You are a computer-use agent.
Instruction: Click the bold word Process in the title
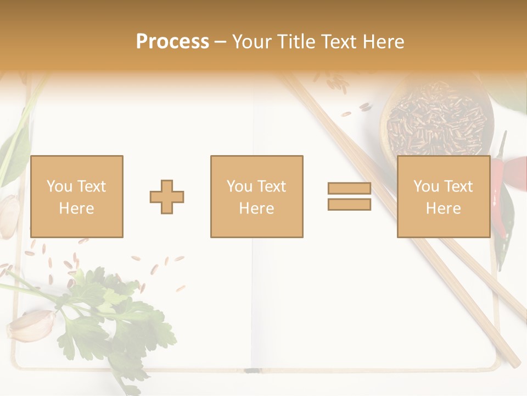coord(172,41)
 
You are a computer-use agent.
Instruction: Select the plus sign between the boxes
coord(167,197)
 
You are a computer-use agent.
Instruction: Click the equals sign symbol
coord(349,196)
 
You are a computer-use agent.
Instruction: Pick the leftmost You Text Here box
coord(77,197)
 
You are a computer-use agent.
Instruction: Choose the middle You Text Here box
coord(257,197)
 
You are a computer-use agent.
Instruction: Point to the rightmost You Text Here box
coord(444,197)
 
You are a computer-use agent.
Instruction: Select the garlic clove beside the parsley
coord(32,324)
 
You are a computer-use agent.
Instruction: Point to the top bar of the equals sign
coord(349,189)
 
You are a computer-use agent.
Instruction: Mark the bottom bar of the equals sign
coord(349,204)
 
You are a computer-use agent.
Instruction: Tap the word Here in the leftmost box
coord(76,208)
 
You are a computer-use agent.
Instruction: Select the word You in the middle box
coord(239,186)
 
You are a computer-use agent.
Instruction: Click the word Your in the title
coord(251,41)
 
